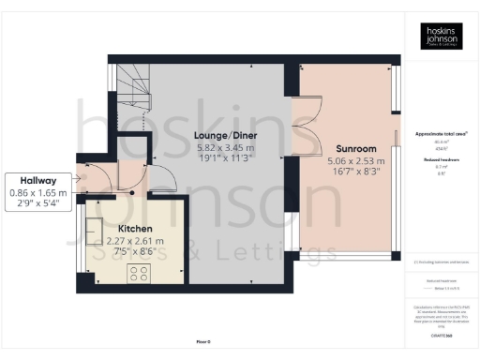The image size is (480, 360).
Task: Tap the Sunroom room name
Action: coord(354,148)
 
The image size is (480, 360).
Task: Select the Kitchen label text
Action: coord(136,228)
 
